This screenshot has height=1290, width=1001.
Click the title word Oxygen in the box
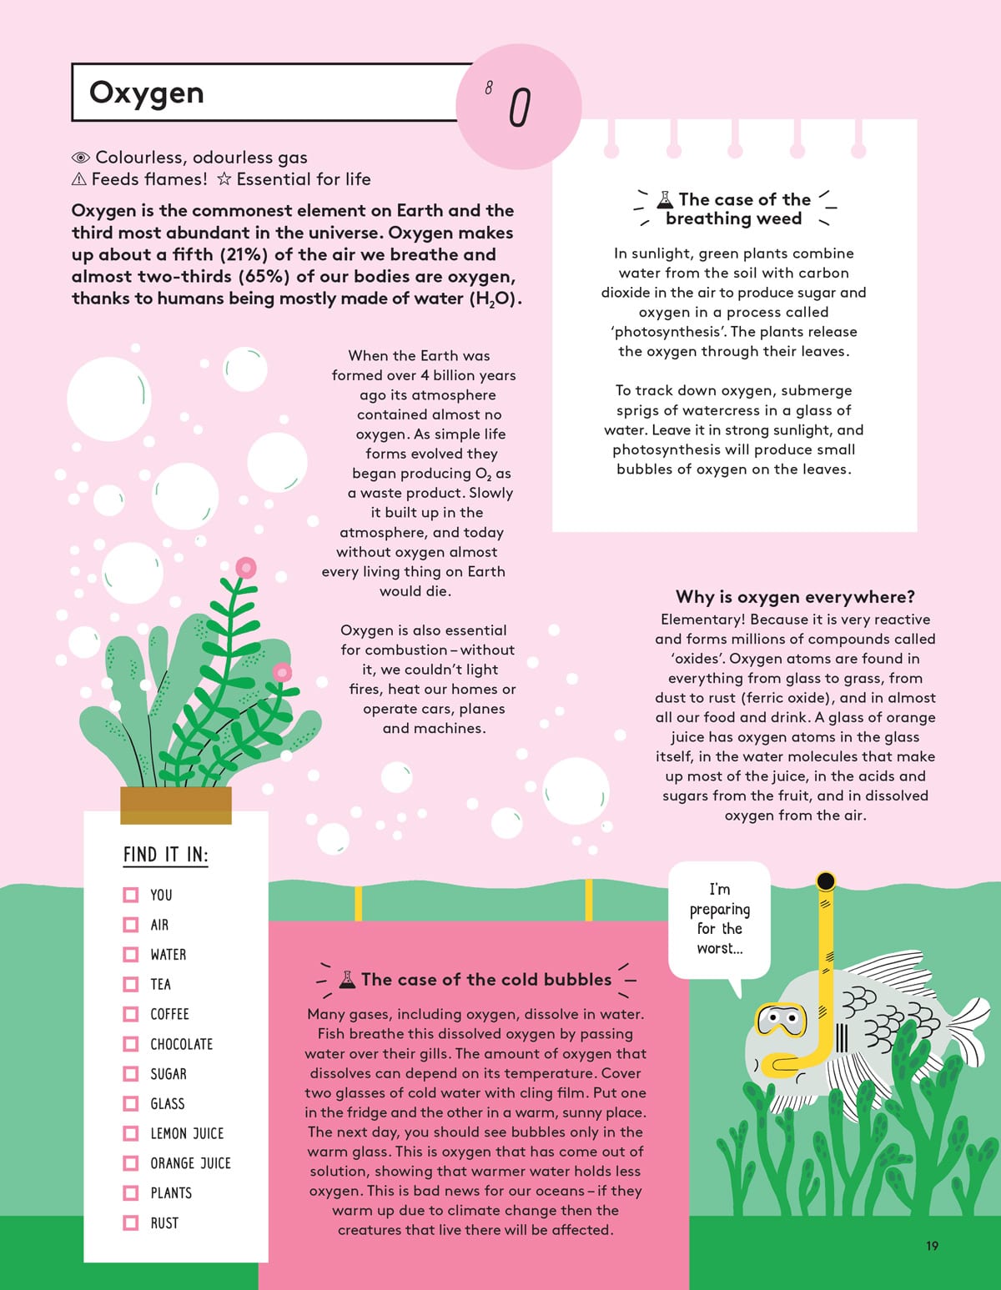146,93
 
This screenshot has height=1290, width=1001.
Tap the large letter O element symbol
520,108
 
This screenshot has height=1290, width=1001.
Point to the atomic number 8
489,88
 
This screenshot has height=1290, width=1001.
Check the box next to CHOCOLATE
131,1044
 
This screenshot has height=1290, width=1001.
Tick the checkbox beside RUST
131,1222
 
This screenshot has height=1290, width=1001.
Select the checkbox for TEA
131,984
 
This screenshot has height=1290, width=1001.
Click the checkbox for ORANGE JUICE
131,1163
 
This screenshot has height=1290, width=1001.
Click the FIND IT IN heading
165,855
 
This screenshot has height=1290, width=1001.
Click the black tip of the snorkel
826,881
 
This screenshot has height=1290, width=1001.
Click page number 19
932,1246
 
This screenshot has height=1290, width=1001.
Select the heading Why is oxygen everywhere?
795,597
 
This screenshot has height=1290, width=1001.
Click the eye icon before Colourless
81,158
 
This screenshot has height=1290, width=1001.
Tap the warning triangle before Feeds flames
79,179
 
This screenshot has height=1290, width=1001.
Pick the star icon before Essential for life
224,179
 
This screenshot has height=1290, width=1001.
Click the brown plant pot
175,805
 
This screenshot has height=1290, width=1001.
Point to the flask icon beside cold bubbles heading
347,979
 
